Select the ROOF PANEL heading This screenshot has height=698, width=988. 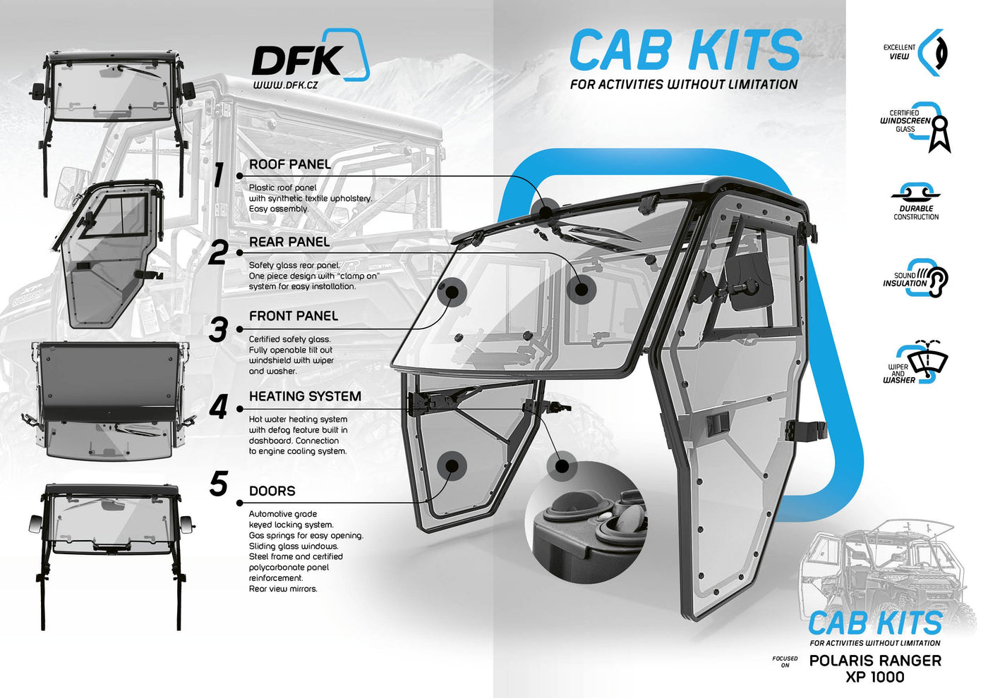click(x=290, y=164)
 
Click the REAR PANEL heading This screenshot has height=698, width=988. click(x=289, y=242)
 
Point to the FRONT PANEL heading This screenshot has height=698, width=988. click(x=294, y=316)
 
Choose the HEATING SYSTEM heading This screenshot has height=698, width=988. click(x=305, y=396)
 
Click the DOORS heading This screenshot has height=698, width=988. click(x=272, y=491)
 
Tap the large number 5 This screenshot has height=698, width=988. click(x=219, y=484)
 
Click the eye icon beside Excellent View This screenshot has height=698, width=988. click(x=934, y=52)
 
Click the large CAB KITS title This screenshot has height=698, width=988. click(x=685, y=49)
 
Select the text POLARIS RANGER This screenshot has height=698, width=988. click(x=875, y=661)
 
